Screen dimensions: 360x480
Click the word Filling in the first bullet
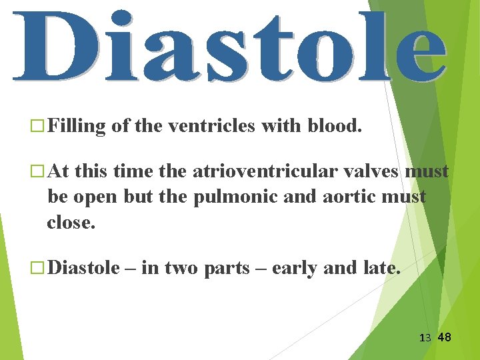77,125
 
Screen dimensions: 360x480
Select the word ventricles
211,125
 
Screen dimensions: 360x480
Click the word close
70,222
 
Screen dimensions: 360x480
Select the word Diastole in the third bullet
84,268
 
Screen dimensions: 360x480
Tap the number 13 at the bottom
425,338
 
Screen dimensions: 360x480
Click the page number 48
444,337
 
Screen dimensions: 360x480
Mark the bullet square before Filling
38,126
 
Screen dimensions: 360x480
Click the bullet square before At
38,172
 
